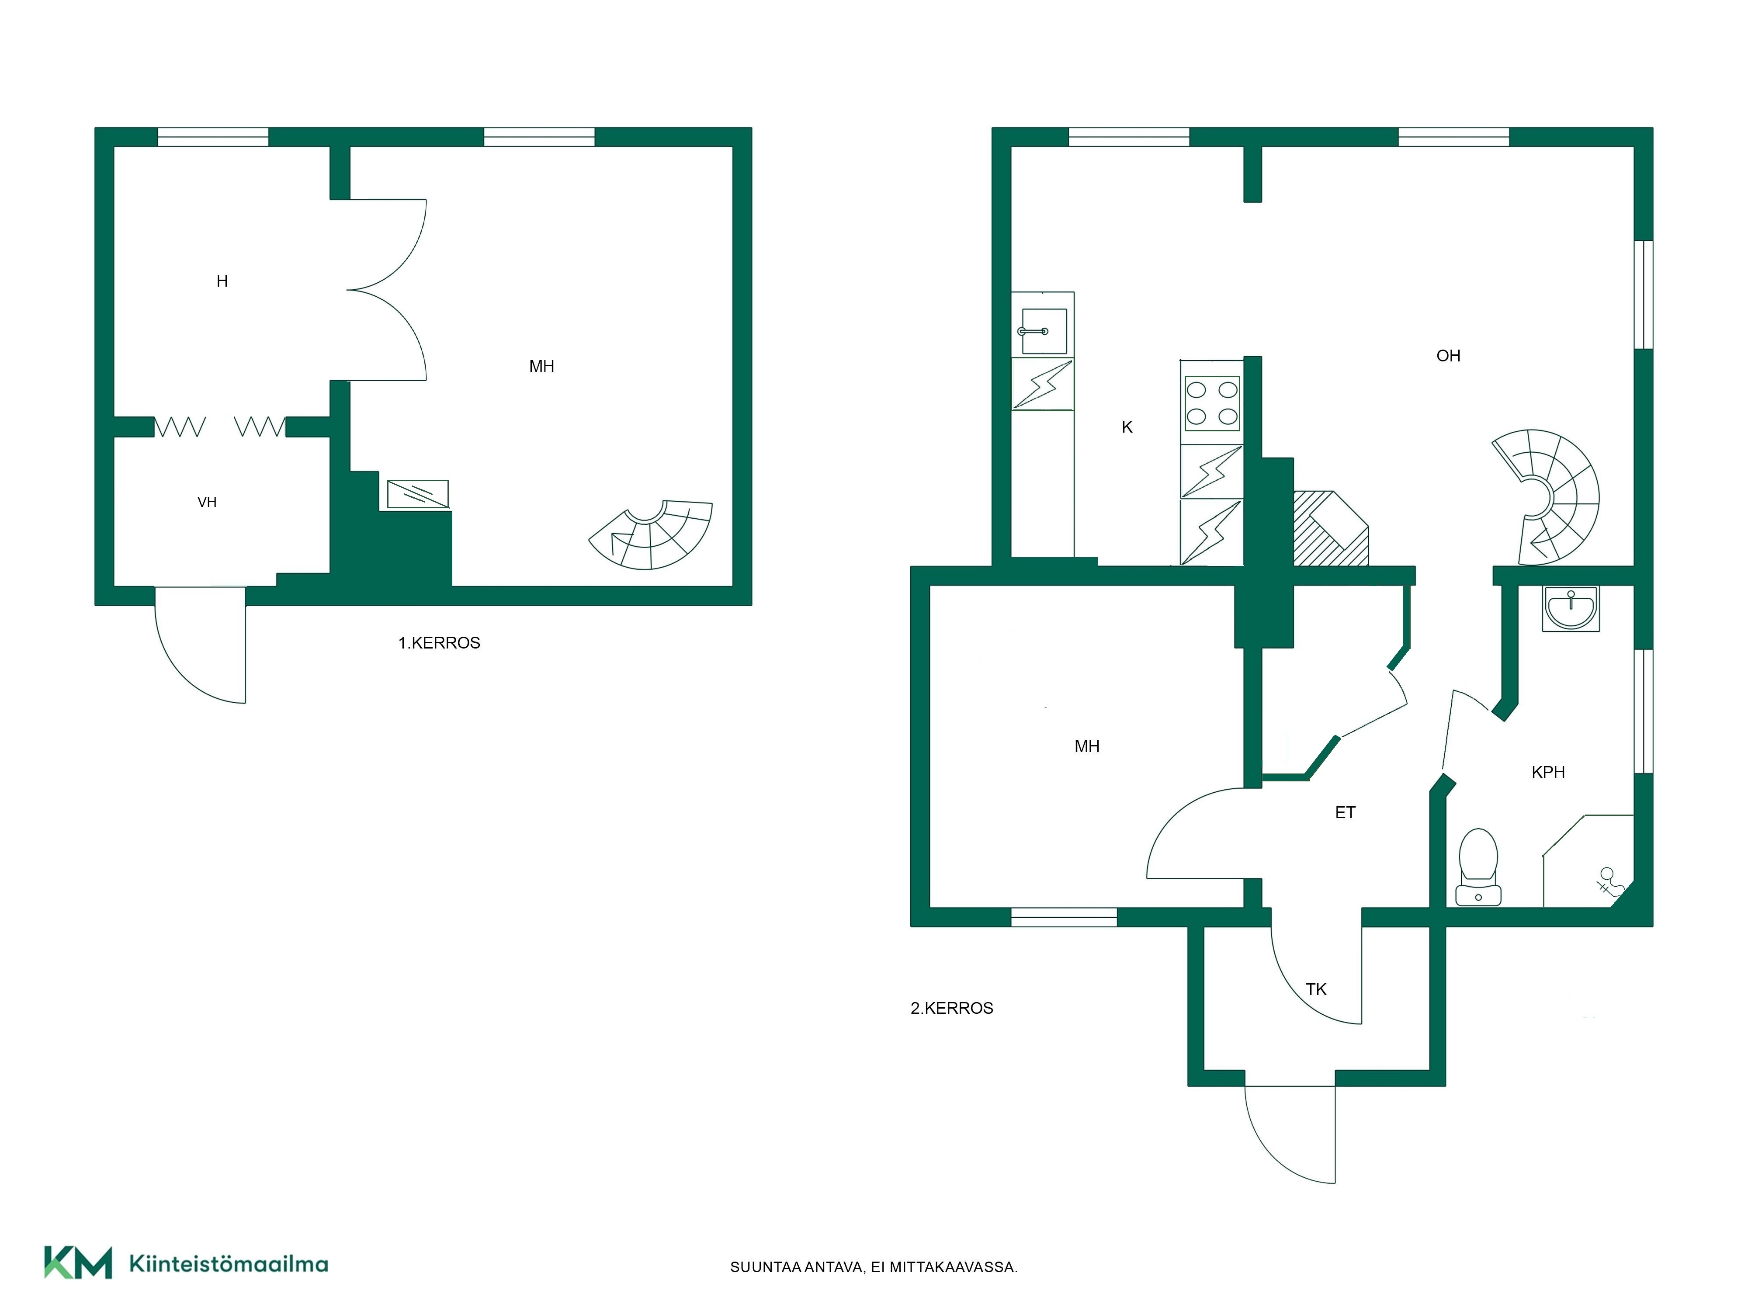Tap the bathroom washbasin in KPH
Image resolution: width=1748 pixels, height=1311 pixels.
(1571, 608)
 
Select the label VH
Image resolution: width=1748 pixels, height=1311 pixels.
(207, 502)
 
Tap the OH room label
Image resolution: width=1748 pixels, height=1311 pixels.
(1448, 356)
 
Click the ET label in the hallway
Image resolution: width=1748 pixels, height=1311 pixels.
(1345, 812)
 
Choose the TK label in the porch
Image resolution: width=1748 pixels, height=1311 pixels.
(1316, 989)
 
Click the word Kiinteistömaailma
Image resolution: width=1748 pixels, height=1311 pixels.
(229, 1264)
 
